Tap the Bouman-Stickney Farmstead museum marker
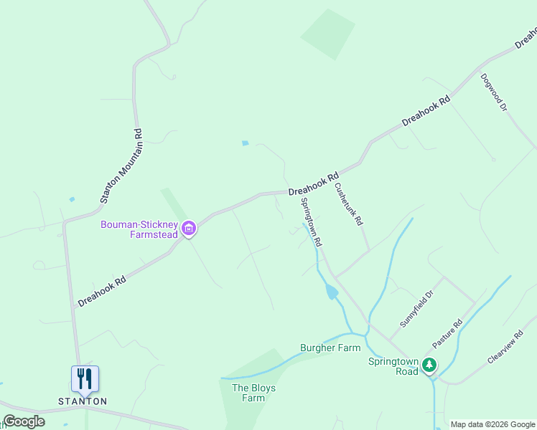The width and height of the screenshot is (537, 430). [x=189, y=229]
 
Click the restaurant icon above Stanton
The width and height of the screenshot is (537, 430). [x=85, y=378]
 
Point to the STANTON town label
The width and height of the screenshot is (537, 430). [x=82, y=401]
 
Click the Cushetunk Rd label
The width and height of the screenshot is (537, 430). [x=349, y=204]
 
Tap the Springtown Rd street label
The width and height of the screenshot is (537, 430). [x=312, y=222]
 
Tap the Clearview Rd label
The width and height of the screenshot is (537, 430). [x=507, y=348]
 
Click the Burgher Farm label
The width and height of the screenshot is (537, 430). [x=330, y=348]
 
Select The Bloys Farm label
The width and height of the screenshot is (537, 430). [x=253, y=393]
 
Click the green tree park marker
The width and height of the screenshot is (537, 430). [x=429, y=365]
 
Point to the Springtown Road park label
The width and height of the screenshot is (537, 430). [x=393, y=366]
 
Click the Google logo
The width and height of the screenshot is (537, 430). [x=24, y=421]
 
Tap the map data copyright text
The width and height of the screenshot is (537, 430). [x=492, y=424]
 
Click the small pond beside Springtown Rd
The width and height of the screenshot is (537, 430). [x=332, y=292]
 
